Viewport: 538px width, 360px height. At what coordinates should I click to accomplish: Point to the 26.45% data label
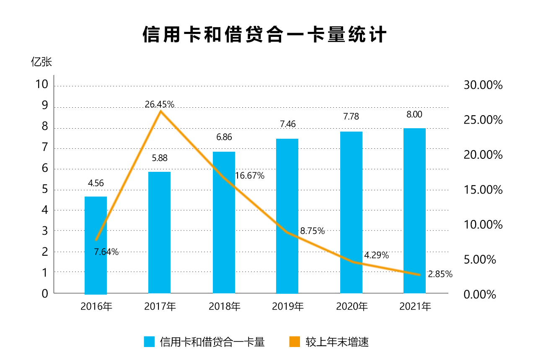point(160,105)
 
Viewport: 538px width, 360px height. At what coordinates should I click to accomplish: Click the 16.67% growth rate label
point(250,176)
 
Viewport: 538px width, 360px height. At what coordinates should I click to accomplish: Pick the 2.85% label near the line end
point(440,275)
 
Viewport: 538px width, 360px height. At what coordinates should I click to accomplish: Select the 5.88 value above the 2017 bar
point(159,158)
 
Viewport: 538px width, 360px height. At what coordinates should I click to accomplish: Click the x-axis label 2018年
point(225,307)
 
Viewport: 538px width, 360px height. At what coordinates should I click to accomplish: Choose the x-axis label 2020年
point(352,307)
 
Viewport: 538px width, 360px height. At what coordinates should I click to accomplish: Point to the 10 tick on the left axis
point(42,85)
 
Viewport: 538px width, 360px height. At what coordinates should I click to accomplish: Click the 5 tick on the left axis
point(45,189)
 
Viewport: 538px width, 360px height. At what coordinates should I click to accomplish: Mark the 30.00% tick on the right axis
point(483,85)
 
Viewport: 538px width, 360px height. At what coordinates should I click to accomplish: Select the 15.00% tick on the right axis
point(483,190)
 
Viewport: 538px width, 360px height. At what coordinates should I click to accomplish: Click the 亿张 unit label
point(41,62)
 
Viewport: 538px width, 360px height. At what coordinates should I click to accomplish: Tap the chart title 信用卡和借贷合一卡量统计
point(264,35)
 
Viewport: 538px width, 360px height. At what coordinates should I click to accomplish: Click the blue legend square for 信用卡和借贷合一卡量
point(149,342)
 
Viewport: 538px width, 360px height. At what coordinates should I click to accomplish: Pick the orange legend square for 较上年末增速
point(295,342)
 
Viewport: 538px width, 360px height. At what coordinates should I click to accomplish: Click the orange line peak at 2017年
point(160,111)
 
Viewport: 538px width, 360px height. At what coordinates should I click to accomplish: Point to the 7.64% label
point(106,252)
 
